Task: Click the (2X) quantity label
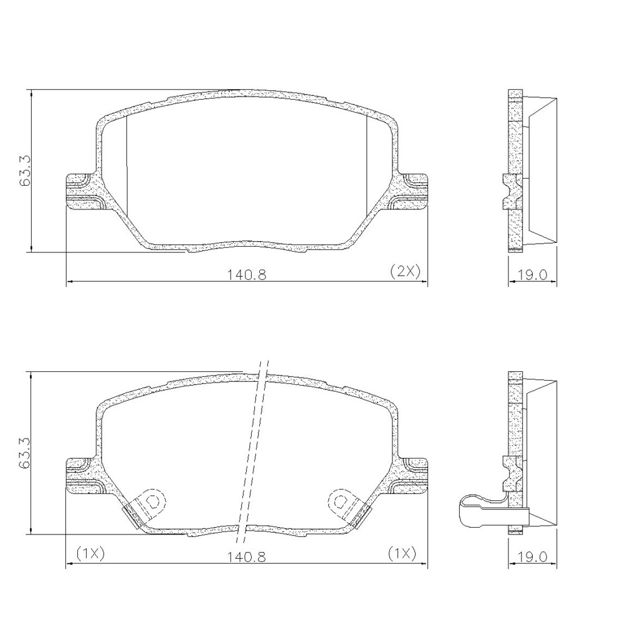click(x=405, y=271)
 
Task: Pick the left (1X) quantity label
click(x=90, y=553)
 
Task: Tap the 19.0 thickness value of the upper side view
click(x=533, y=274)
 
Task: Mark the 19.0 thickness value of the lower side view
click(x=533, y=556)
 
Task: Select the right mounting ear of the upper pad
click(x=413, y=192)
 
